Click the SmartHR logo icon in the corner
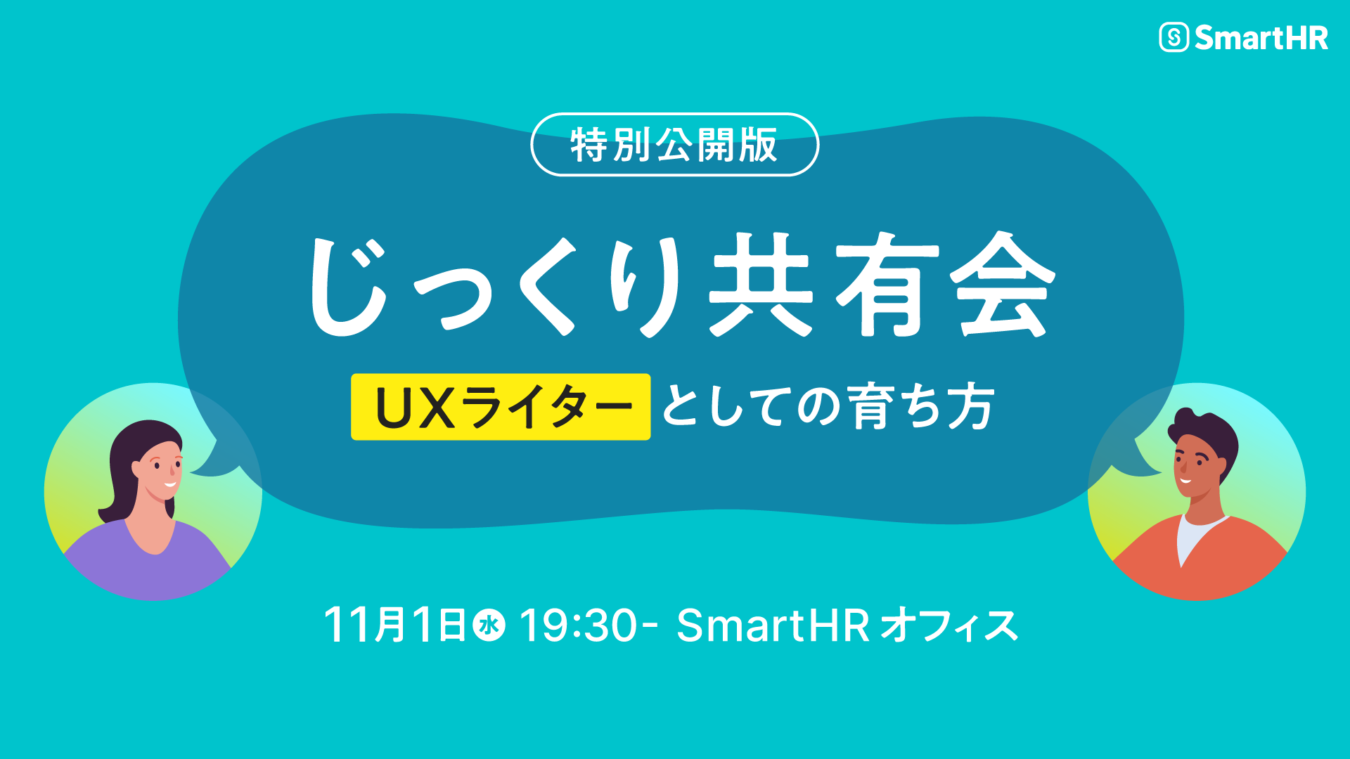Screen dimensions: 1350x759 (x=1174, y=37)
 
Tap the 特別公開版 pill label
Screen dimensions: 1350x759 (x=675, y=145)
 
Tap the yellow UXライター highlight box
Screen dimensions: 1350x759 (x=501, y=407)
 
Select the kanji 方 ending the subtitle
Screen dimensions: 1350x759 (x=971, y=406)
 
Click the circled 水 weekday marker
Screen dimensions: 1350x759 (x=489, y=625)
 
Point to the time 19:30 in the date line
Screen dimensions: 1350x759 (x=578, y=625)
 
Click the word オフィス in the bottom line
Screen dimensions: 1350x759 (x=949, y=625)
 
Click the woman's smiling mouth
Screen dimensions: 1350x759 (x=169, y=484)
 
